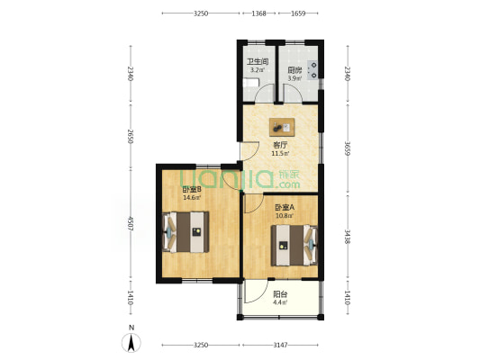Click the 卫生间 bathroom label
258,61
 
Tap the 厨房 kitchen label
294,70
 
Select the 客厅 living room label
280,145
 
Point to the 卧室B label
192,189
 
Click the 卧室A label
285,207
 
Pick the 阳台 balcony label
280,294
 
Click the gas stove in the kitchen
312,69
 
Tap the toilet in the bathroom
251,83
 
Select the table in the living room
282,127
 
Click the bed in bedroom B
186,232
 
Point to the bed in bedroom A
294,246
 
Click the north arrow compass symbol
131,343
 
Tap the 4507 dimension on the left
131,224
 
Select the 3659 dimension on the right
347,148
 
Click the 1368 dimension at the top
259,13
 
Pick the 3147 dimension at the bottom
280,345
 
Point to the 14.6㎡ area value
192,198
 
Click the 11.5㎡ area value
280,153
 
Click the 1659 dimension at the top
298,13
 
